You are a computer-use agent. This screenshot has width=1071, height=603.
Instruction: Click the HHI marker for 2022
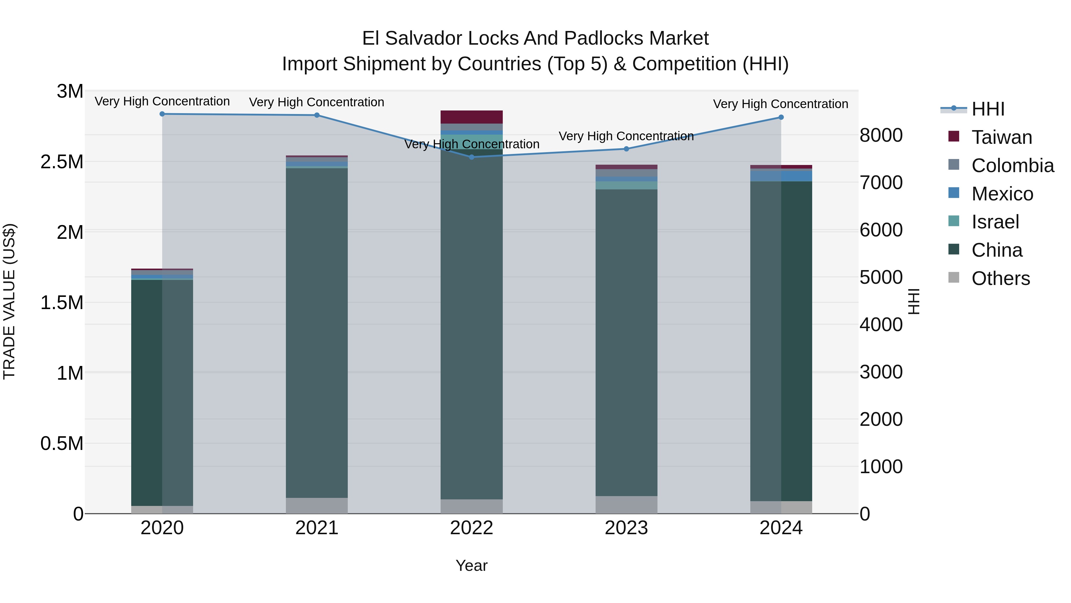point(472,157)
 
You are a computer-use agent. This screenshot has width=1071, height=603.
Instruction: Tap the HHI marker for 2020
point(162,114)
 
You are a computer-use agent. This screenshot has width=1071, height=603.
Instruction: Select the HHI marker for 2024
point(781,117)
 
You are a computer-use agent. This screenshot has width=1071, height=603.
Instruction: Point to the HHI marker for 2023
point(626,149)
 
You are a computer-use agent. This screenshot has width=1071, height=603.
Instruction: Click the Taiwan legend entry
point(1001,137)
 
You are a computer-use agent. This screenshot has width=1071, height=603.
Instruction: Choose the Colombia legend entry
point(1012,166)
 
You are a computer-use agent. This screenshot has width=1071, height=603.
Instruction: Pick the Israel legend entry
point(995,222)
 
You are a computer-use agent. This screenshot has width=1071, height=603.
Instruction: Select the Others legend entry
point(1000,278)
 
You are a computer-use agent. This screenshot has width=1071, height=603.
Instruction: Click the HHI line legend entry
point(987,109)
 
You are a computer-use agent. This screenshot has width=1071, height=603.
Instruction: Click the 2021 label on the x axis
point(317,528)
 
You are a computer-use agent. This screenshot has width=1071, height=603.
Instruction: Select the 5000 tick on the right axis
point(881,278)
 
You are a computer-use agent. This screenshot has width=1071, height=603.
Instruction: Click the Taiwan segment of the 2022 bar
point(472,117)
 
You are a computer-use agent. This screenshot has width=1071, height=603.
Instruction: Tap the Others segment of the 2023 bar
point(626,504)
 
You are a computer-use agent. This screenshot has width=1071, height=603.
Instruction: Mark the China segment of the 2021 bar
point(317,333)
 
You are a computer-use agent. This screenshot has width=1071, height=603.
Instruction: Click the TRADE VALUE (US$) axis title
point(9,301)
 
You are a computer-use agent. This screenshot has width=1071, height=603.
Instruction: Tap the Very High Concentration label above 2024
point(780,104)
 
